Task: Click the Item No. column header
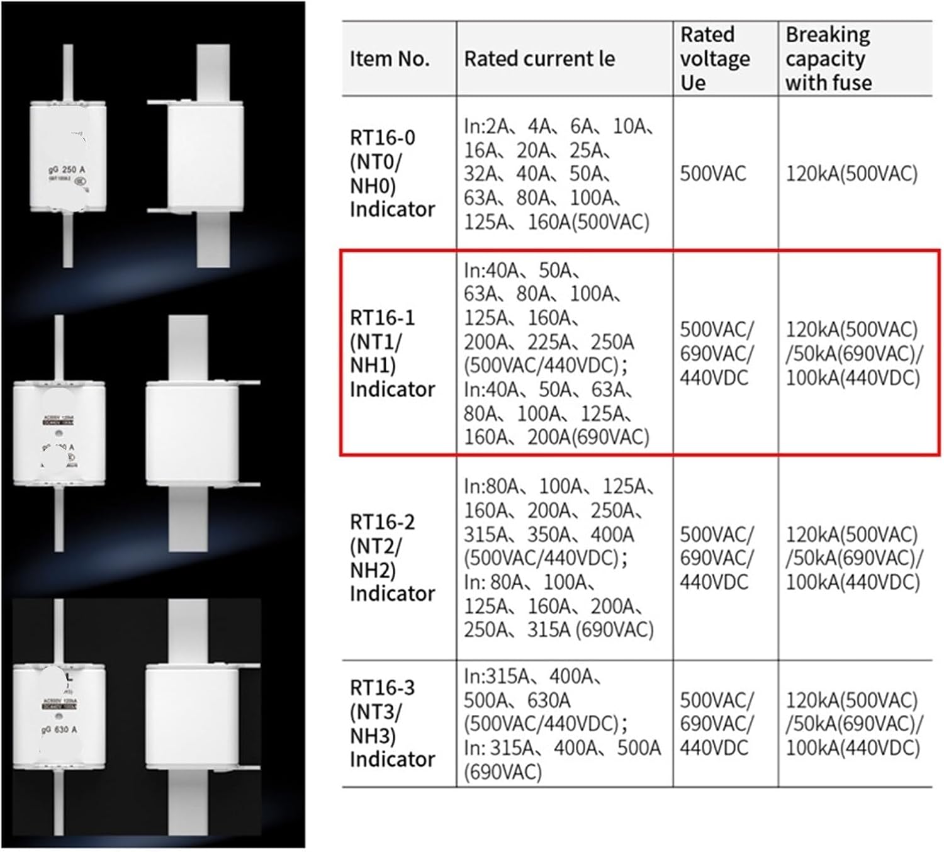[x=390, y=59]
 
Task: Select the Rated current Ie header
[x=539, y=59]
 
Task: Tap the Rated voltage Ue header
[x=714, y=59]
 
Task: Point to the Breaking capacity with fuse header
[x=828, y=59]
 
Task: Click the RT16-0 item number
[x=383, y=138]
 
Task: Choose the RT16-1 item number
[x=383, y=318]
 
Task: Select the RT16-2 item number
[x=383, y=522]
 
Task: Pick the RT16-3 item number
[x=383, y=688]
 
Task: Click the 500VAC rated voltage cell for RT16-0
[x=713, y=174]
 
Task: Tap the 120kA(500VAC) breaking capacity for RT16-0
[x=851, y=174]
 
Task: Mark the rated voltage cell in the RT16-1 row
[x=716, y=354]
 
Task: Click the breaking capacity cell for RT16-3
[x=853, y=724]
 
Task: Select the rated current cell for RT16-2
[x=559, y=558]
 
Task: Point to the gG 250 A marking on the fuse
[x=67, y=170]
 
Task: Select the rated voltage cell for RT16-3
[x=716, y=724]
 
